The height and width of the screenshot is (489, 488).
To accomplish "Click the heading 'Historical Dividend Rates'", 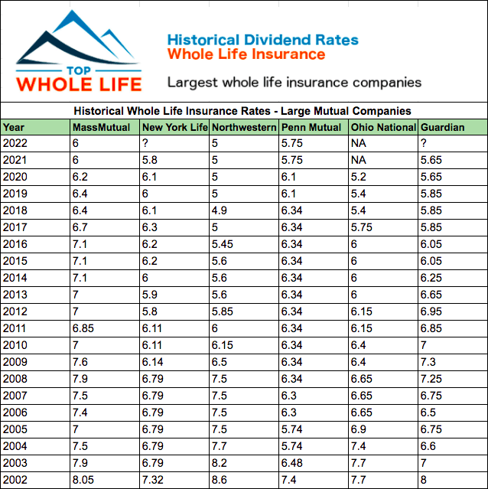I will click(x=262, y=40).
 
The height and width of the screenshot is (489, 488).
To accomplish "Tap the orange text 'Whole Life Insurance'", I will click(x=246, y=54).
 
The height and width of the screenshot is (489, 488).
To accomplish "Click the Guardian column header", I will click(x=442, y=127).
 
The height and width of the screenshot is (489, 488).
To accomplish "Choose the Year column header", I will click(x=14, y=127).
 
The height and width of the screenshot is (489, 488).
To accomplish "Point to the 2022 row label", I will click(x=15, y=142).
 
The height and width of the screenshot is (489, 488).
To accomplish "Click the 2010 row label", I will click(x=15, y=344).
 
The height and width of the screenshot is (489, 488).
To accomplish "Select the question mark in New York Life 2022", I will click(x=145, y=142).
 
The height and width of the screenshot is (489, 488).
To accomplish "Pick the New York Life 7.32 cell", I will click(x=154, y=479).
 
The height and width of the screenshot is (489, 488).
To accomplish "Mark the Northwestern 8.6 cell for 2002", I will click(x=220, y=479).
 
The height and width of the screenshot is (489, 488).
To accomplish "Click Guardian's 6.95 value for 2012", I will click(x=431, y=311).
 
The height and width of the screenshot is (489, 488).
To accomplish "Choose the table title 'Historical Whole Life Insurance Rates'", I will click(x=244, y=111).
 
